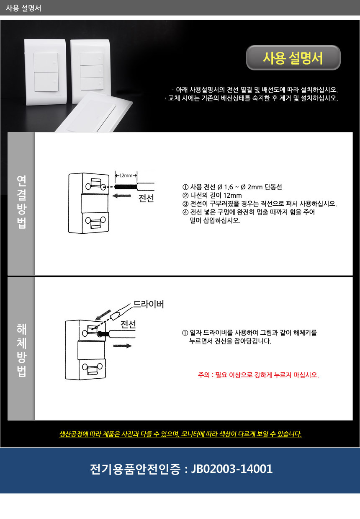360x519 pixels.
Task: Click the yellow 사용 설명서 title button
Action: click(293, 58)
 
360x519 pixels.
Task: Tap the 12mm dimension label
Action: click(126, 176)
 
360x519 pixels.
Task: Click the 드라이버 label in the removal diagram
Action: click(149, 304)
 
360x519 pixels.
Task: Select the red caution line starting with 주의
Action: click(258, 375)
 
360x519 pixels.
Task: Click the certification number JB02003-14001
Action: click(232, 469)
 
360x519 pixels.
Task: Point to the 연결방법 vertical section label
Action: click(21, 202)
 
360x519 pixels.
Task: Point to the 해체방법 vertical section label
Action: click(21, 350)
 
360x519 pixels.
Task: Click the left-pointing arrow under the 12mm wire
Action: click(121, 196)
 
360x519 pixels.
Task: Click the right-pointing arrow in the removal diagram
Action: click(123, 346)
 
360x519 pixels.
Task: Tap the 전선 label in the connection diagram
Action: click(146, 198)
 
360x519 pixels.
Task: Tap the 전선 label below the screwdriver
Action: click(128, 325)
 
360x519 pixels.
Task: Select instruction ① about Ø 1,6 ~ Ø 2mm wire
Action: click(232, 187)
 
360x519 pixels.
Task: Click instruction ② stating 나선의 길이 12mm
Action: click(212, 195)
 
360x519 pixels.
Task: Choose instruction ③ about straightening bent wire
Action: click(259, 204)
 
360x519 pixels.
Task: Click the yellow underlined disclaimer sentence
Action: click(180, 434)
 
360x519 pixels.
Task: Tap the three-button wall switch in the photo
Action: click(91, 71)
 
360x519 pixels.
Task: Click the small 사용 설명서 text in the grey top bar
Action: click(23, 8)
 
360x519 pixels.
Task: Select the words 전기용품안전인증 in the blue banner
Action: click(135, 469)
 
